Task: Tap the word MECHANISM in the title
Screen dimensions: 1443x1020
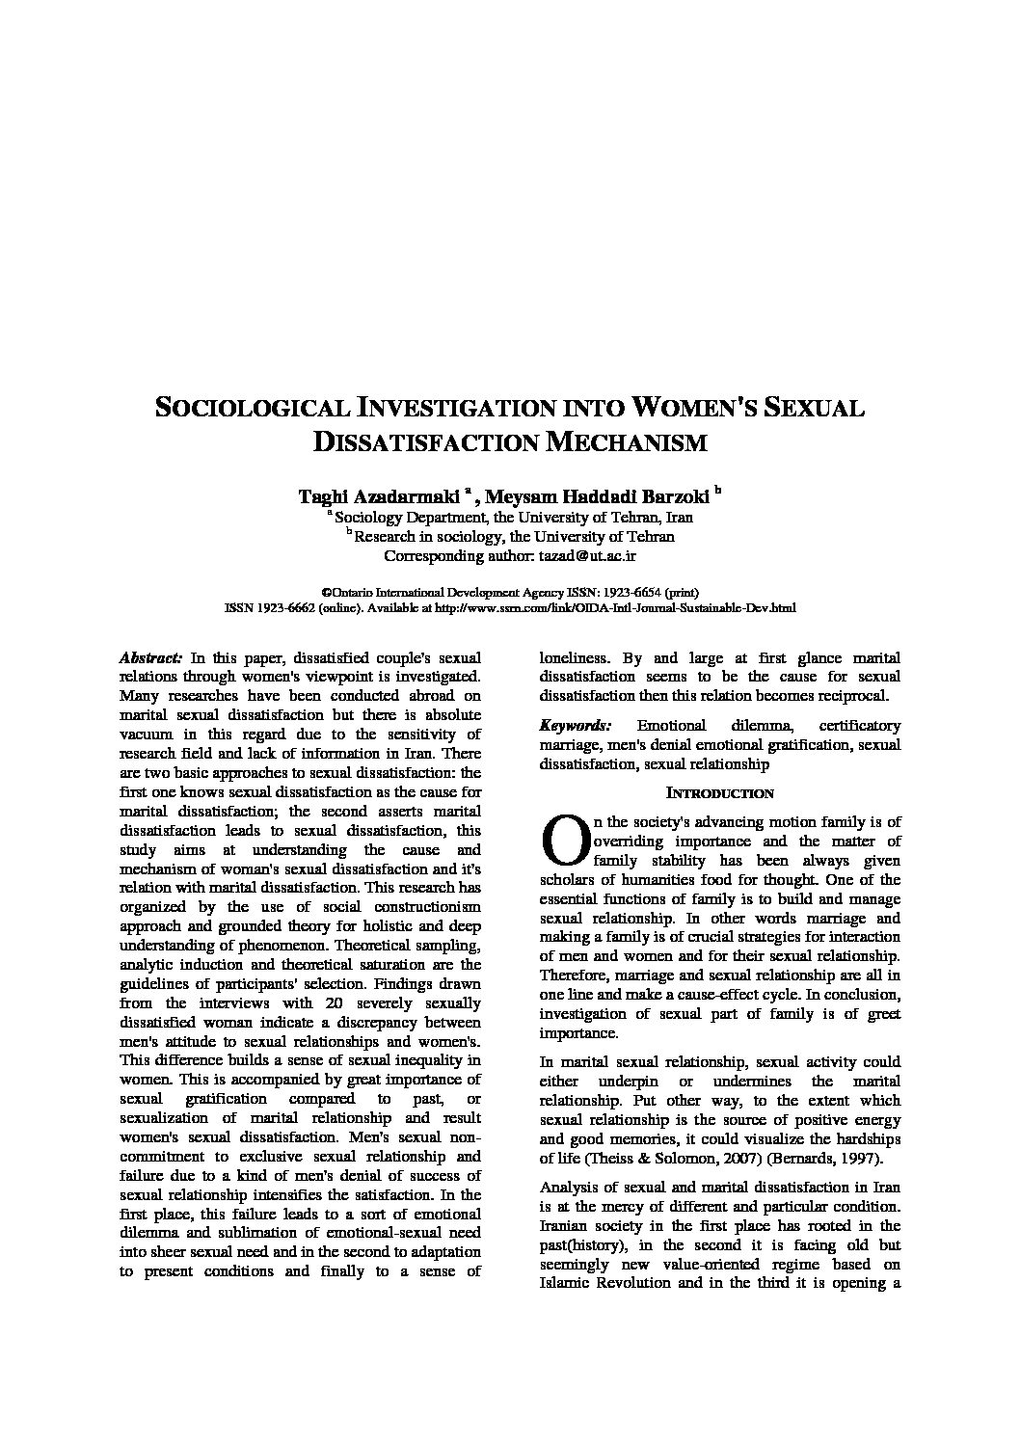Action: point(628,442)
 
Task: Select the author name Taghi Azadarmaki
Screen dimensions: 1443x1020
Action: point(378,496)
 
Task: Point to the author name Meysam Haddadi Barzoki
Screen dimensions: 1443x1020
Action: point(597,496)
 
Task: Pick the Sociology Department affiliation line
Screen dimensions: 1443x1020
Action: point(513,517)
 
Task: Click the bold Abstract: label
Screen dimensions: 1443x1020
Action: point(150,657)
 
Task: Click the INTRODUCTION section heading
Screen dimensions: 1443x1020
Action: point(720,793)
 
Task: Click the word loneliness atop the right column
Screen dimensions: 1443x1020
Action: point(576,657)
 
